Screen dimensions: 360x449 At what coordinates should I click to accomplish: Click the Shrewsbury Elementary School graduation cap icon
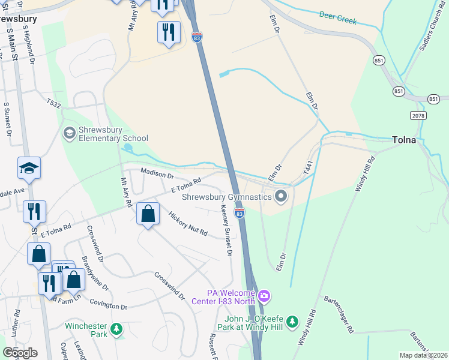pos(69,131)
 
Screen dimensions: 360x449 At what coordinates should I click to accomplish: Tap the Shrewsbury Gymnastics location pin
pos(280,196)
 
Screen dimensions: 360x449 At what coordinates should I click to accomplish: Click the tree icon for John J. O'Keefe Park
pos(292,322)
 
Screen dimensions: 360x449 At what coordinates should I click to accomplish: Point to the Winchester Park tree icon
pos(116,329)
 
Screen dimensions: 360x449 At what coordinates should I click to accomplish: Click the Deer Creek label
pos(337,17)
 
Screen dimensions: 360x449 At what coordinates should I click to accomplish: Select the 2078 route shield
pos(419,115)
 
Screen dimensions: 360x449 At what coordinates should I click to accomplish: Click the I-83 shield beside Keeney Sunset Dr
pos(240,212)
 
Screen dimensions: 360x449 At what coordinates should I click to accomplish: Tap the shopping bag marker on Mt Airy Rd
pos(148,214)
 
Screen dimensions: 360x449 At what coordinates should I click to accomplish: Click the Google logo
pos(20,352)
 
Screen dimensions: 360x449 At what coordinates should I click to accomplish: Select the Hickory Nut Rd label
pos(187,223)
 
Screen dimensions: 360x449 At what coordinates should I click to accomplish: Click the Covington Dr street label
pos(108,307)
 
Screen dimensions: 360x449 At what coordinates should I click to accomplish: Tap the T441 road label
pos(309,167)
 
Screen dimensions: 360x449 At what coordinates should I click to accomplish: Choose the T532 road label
pos(53,104)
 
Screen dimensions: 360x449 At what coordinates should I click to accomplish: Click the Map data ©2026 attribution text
pos(423,355)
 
